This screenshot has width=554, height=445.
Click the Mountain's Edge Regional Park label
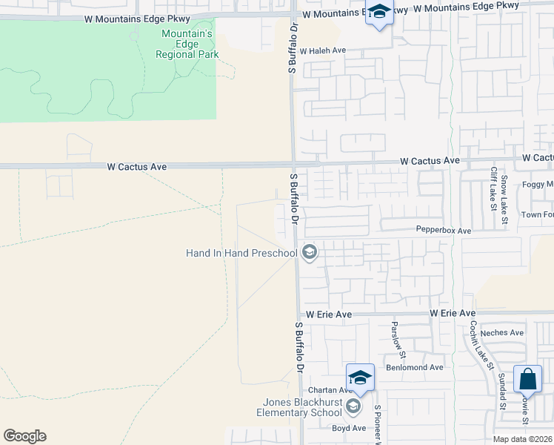(187, 44)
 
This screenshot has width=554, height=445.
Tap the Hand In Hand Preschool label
(241, 254)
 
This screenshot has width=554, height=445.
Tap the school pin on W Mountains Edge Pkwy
(379, 13)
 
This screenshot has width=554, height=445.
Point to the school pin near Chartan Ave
(360, 378)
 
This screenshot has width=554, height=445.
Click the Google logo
(24, 436)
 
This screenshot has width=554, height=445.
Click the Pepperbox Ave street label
(443, 231)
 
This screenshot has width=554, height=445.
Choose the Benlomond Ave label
(414, 367)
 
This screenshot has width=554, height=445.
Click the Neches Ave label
(502, 333)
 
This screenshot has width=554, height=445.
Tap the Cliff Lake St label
(493, 188)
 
